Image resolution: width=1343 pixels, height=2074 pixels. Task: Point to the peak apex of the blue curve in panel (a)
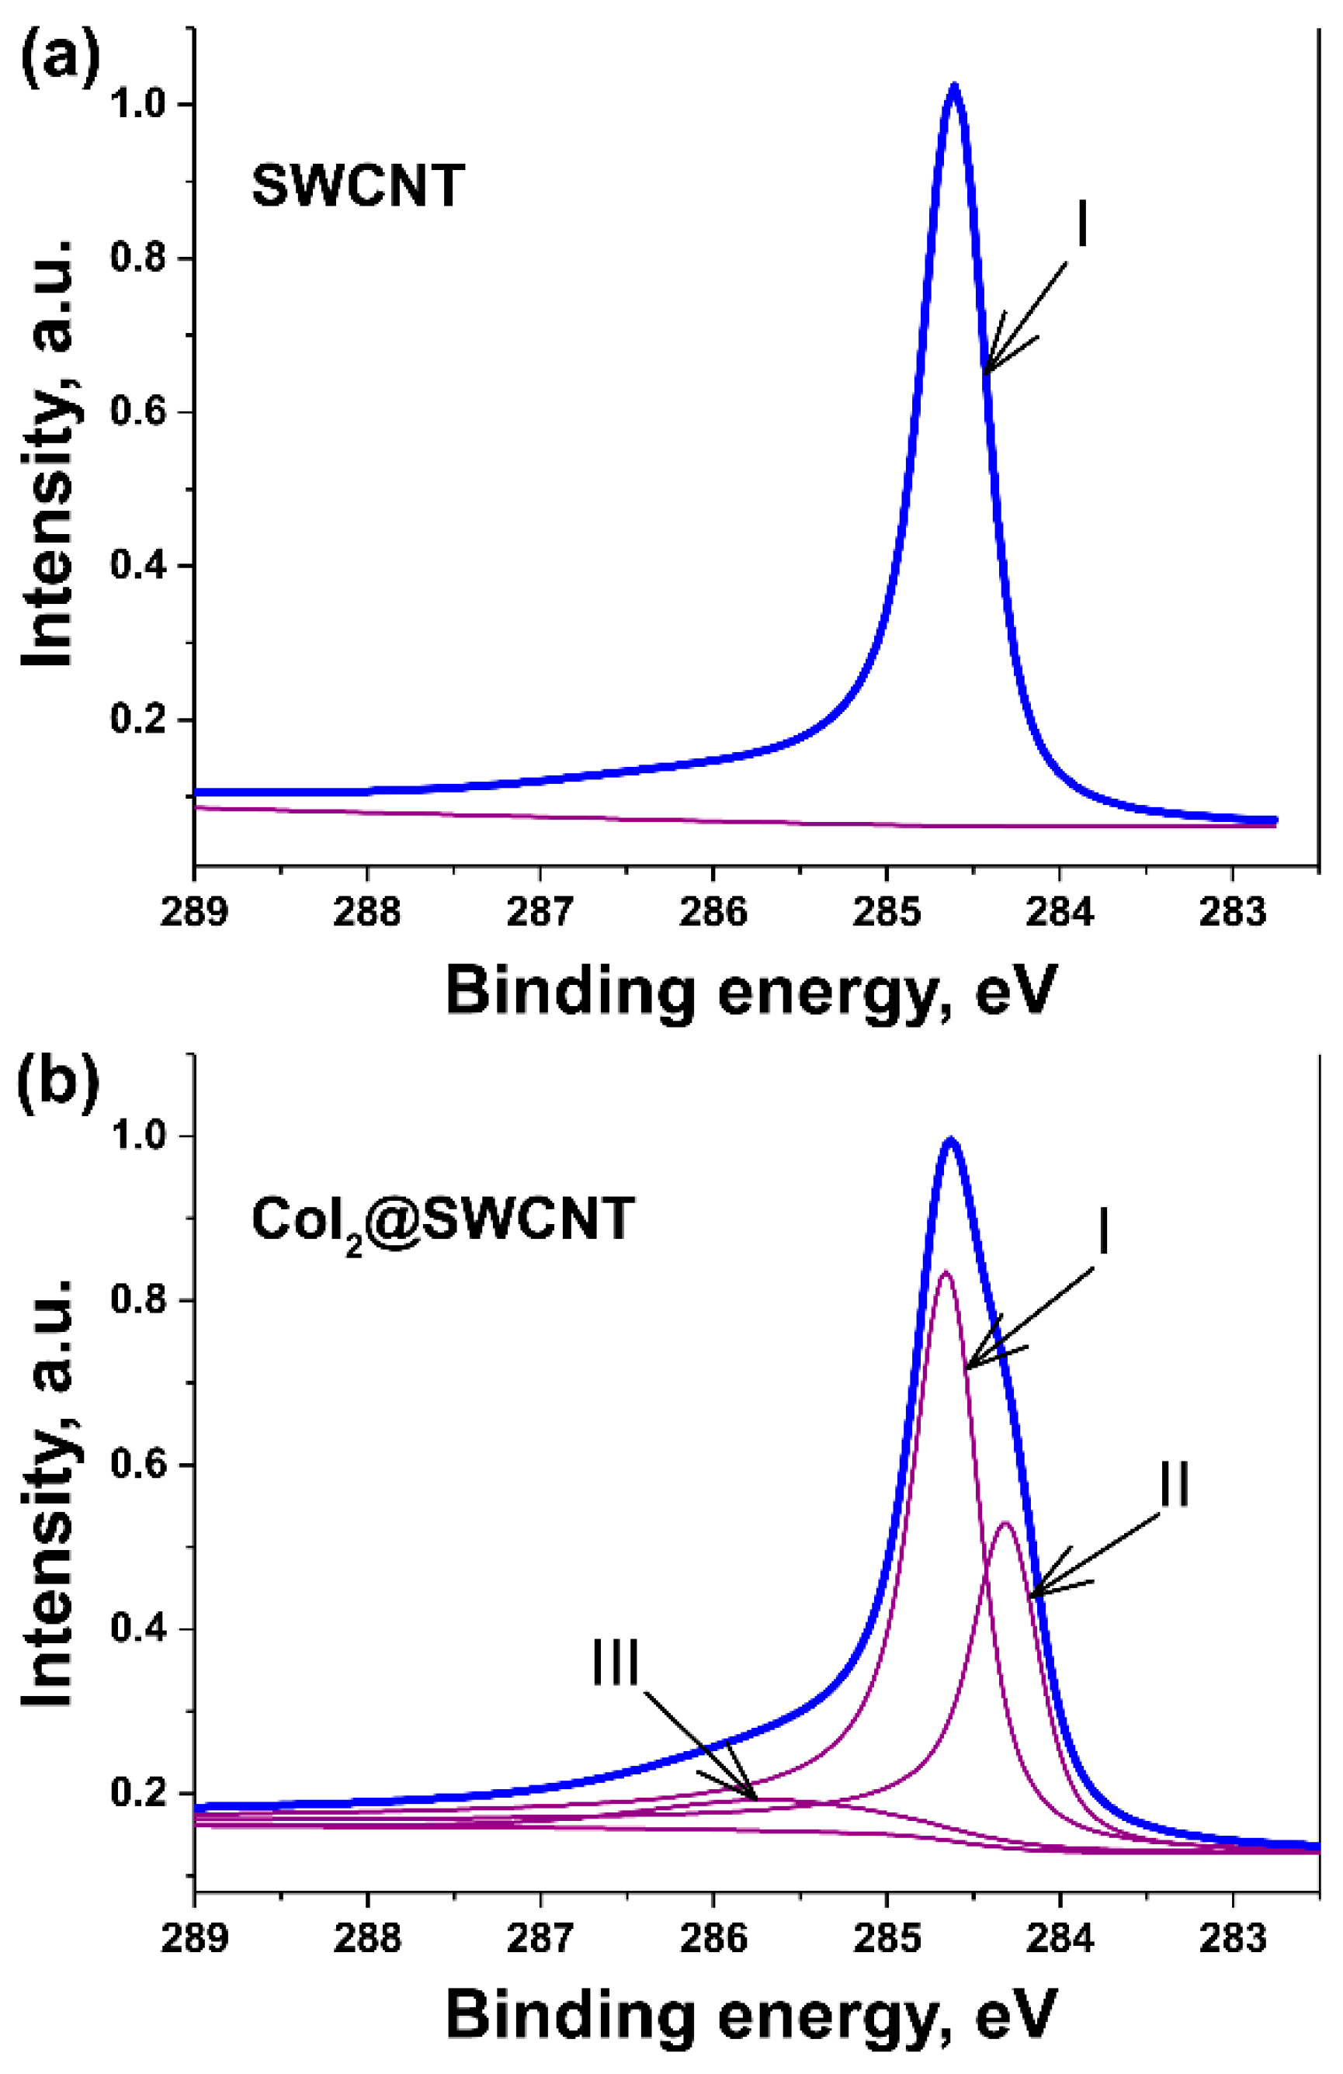(x=955, y=87)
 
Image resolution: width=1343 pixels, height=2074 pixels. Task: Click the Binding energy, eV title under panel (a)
(x=751, y=990)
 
